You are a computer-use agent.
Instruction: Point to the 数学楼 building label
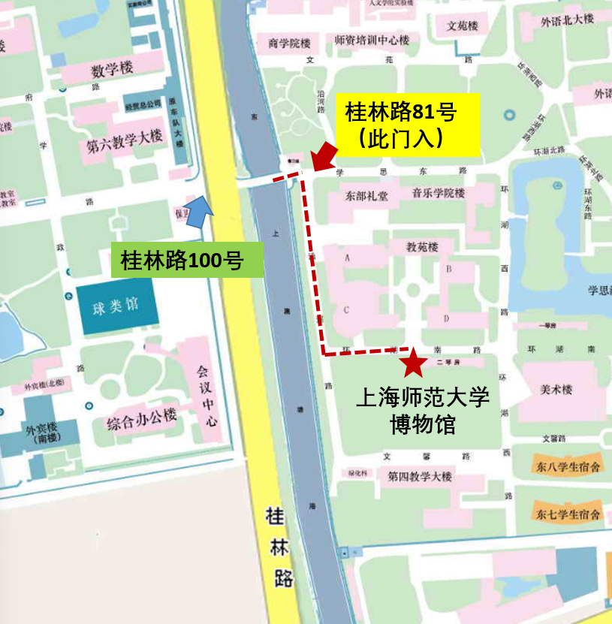click(112, 70)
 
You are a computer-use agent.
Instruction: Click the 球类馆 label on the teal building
click(116, 306)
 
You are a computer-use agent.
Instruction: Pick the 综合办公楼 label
click(141, 418)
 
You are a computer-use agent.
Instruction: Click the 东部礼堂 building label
click(366, 197)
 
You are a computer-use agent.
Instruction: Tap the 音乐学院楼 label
click(438, 194)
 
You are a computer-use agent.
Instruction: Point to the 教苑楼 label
click(422, 246)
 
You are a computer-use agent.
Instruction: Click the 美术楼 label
click(556, 389)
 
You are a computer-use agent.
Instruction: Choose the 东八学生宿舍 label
click(568, 466)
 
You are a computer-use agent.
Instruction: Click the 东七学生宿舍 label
click(568, 514)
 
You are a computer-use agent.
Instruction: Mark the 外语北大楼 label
click(567, 20)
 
